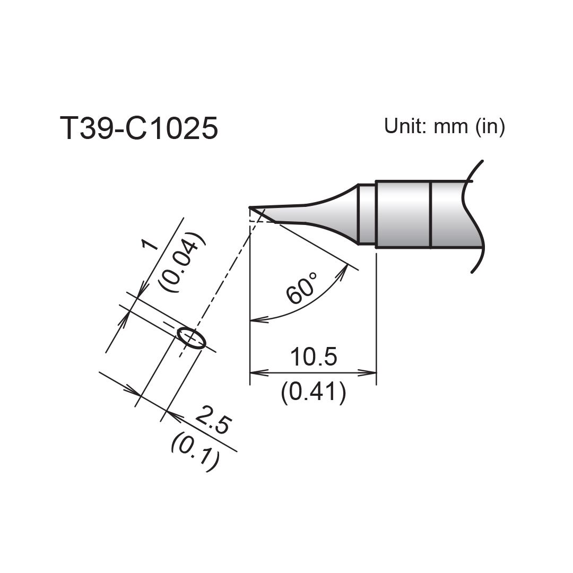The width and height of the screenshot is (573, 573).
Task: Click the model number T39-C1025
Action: (x=139, y=128)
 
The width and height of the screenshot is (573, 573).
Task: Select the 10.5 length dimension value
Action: (x=313, y=358)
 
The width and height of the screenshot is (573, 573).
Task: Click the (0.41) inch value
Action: (x=313, y=393)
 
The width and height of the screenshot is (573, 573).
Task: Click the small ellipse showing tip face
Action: (x=192, y=338)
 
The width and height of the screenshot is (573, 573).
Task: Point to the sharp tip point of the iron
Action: (x=250, y=207)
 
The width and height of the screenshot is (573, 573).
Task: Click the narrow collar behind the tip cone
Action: (x=367, y=214)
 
